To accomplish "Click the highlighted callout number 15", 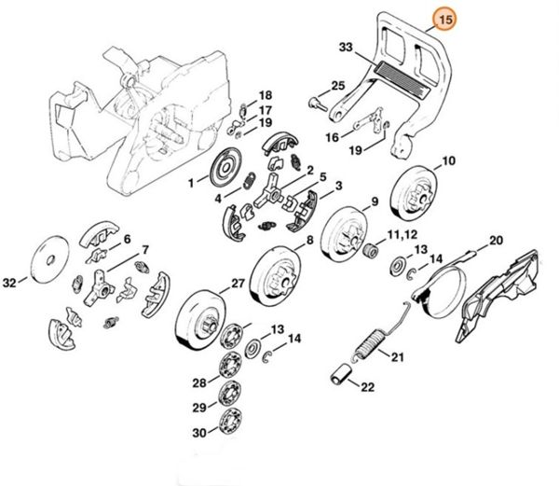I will tap(446, 17).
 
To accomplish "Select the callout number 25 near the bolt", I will tap(336, 87).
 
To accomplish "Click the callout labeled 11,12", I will tap(401, 231).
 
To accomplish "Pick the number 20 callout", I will tap(496, 241).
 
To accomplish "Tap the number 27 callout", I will tap(238, 284).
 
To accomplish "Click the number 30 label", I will tap(198, 432).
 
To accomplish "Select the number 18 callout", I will tap(266, 95).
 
